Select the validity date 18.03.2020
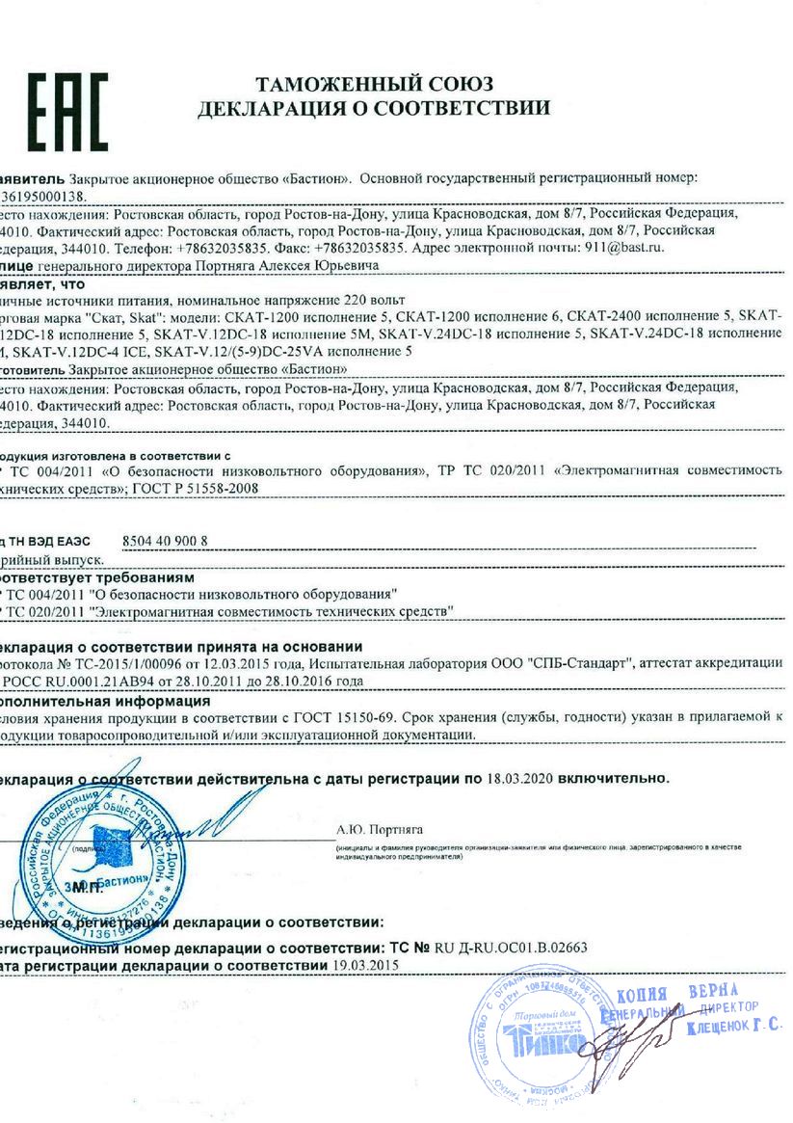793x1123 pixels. pos(519,776)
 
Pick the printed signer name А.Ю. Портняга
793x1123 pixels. pos(380,828)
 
